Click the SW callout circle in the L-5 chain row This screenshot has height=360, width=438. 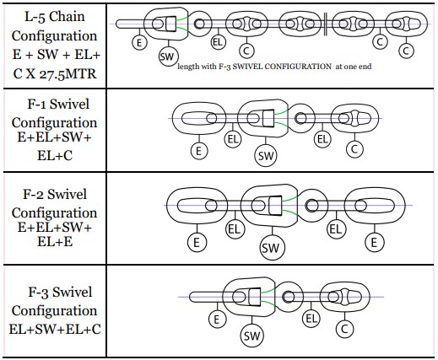point(169,56)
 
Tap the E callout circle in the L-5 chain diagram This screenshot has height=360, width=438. point(139,43)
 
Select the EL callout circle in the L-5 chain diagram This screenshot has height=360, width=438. point(218,42)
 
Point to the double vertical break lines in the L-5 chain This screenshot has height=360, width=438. point(325,24)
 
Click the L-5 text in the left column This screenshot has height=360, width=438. point(35,17)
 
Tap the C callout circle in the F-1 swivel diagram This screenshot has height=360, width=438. point(354,149)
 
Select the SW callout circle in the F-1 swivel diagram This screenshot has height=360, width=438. point(266,155)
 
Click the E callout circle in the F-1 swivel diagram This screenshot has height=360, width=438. point(199,151)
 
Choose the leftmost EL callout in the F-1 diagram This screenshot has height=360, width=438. point(233,139)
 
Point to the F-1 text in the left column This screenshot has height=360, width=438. point(36,104)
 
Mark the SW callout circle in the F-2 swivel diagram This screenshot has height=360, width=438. point(273,248)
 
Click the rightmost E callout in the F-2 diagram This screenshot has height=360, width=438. point(374,242)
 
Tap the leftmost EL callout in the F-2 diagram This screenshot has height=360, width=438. point(235,229)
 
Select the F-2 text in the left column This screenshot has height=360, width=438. point(33,194)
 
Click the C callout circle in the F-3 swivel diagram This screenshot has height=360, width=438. point(344,329)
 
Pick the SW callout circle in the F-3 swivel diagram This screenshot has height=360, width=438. point(252,336)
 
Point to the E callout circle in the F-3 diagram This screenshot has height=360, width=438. point(217,320)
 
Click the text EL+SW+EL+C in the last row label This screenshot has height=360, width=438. point(55,329)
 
